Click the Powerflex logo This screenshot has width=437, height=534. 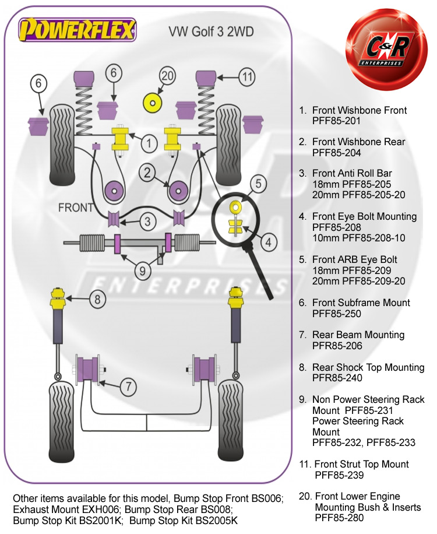(77, 28)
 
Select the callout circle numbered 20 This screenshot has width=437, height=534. (168, 76)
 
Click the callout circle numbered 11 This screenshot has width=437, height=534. (247, 76)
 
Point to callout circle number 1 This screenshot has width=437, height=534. (149, 142)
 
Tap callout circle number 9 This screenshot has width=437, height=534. (143, 270)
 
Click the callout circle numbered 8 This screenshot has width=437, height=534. (98, 300)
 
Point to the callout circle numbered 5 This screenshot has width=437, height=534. (259, 184)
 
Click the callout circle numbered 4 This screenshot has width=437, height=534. (268, 240)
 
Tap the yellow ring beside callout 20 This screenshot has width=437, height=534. (153, 103)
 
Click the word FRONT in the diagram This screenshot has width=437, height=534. (76, 208)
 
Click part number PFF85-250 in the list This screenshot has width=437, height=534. (337, 314)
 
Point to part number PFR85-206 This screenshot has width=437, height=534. (337, 346)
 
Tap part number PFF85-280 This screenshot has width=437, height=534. (339, 518)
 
